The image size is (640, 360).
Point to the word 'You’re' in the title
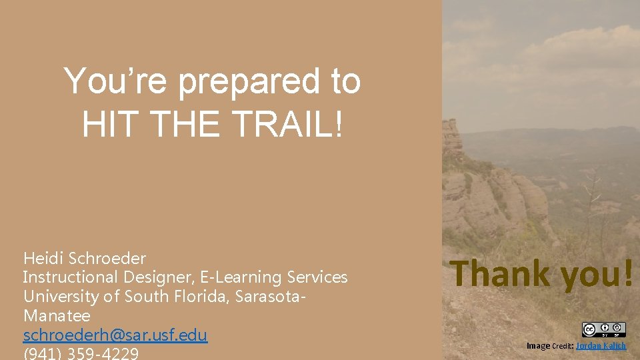(117, 82)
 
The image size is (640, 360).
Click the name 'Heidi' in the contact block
(42, 258)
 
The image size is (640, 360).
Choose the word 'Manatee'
(57, 315)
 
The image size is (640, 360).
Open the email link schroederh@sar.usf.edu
(115, 335)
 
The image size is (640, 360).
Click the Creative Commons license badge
(603, 329)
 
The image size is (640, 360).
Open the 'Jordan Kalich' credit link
(601, 345)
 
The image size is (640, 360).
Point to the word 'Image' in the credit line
(538, 345)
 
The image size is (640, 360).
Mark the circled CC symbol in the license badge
(589, 329)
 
